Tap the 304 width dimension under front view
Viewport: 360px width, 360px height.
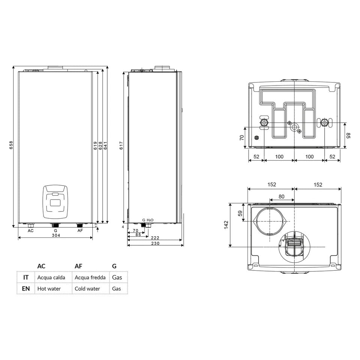tap(55, 235)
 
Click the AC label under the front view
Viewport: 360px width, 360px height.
tap(31, 231)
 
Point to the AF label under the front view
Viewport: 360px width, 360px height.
tap(80, 231)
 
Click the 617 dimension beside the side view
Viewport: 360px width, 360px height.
tap(121, 147)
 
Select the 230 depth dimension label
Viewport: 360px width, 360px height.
tap(155, 244)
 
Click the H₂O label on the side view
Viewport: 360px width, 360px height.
tap(150, 220)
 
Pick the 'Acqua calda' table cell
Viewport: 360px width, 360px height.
tap(51, 277)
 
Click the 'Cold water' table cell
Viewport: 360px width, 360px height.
tap(87, 289)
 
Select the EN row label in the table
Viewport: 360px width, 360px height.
tap(26, 289)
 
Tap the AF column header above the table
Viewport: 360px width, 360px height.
tap(78, 266)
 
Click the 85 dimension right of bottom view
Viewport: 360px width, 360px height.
tap(348, 135)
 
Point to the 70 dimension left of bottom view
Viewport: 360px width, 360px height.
tap(242, 138)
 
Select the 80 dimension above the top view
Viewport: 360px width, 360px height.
tap(282, 196)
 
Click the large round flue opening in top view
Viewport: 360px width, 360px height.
tap(270, 220)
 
